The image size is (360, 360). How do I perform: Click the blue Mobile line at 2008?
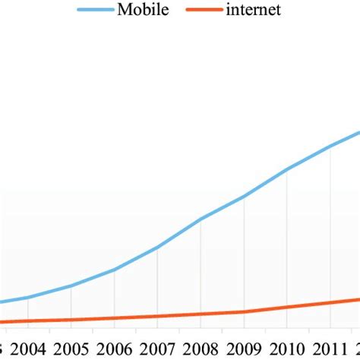[x=201, y=219]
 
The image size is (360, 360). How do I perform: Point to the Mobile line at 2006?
[x=114, y=270]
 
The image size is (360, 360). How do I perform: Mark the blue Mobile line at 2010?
[x=287, y=169]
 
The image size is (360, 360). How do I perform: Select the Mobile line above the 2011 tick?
[x=330, y=146]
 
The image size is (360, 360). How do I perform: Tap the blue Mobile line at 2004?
[x=27, y=297]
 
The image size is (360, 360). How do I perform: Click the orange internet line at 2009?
[x=244, y=311]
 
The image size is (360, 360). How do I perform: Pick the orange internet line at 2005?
[x=71, y=320]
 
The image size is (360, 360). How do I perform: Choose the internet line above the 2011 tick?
[x=330, y=302]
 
